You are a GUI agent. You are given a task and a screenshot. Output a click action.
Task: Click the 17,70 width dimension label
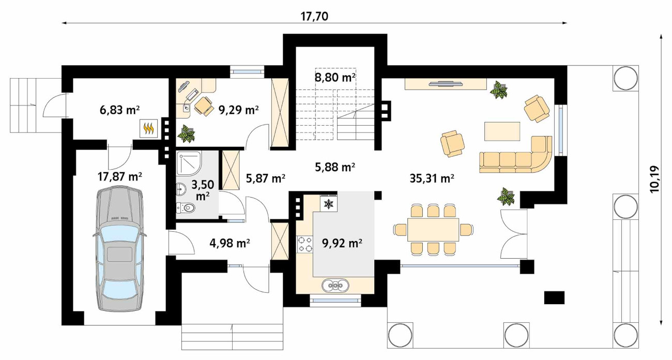pos(314,17)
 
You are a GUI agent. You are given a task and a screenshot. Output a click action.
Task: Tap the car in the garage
pos(120,249)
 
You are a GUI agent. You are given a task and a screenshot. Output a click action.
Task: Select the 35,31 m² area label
pos(432,178)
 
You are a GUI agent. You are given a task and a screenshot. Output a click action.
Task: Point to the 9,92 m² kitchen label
pos(342,243)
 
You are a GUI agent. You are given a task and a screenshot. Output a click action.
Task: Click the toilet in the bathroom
pos(186,207)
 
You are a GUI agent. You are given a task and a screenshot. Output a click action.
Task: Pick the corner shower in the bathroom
pos(189,163)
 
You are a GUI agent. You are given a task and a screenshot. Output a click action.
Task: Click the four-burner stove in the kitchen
pos(305,244)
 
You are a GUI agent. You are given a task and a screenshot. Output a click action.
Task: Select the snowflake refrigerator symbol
pos(329,204)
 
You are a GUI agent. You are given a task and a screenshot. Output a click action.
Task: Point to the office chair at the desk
pos(204,106)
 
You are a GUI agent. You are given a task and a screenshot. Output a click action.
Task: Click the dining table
pos(433,230)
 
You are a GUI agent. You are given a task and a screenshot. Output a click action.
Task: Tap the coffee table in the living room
pos(502,131)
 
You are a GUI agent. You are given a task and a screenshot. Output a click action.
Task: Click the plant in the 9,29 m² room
pos(187,133)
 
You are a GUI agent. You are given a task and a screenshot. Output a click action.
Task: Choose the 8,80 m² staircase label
pos(335,78)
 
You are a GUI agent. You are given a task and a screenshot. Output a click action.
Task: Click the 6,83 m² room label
pos(119,110)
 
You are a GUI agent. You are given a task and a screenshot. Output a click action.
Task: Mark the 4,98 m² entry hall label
pos(230,243)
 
